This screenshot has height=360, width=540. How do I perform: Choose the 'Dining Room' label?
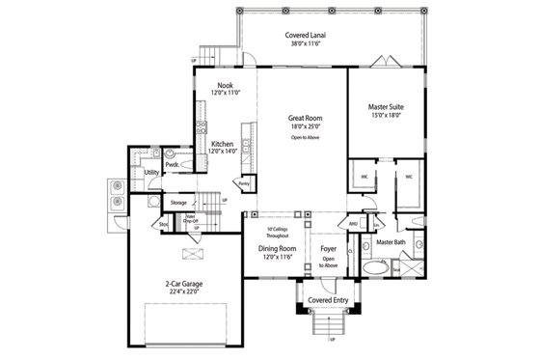[x=276, y=247]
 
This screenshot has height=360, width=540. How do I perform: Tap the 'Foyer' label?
[x=328, y=247]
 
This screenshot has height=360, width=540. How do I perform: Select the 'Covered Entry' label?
[x=328, y=300]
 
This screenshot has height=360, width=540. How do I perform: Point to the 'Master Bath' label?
[x=391, y=241]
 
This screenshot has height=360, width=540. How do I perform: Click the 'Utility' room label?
[x=150, y=173]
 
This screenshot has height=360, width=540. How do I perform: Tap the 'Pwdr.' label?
[x=173, y=164]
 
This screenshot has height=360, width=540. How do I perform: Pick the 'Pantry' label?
[x=245, y=181]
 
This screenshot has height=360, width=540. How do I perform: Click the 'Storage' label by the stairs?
[x=178, y=203]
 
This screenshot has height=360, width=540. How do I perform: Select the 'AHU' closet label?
[x=353, y=223]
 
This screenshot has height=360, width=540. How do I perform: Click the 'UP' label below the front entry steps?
[x=333, y=340]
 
